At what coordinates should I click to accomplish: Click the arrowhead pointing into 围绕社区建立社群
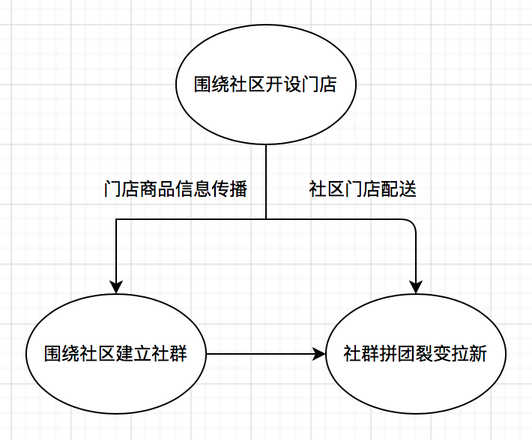click(116, 285)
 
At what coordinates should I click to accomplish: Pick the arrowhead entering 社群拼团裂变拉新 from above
click(416, 285)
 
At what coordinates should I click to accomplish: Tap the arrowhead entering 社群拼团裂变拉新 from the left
click(318, 353)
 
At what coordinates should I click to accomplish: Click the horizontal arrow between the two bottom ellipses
click(262, 353)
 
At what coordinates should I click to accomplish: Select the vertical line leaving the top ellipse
click(266, 180)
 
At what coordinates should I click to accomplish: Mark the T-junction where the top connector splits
click(266, 219)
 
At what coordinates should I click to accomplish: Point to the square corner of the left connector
click(116, 219)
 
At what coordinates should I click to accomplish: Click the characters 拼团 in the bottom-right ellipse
click(398, 354)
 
